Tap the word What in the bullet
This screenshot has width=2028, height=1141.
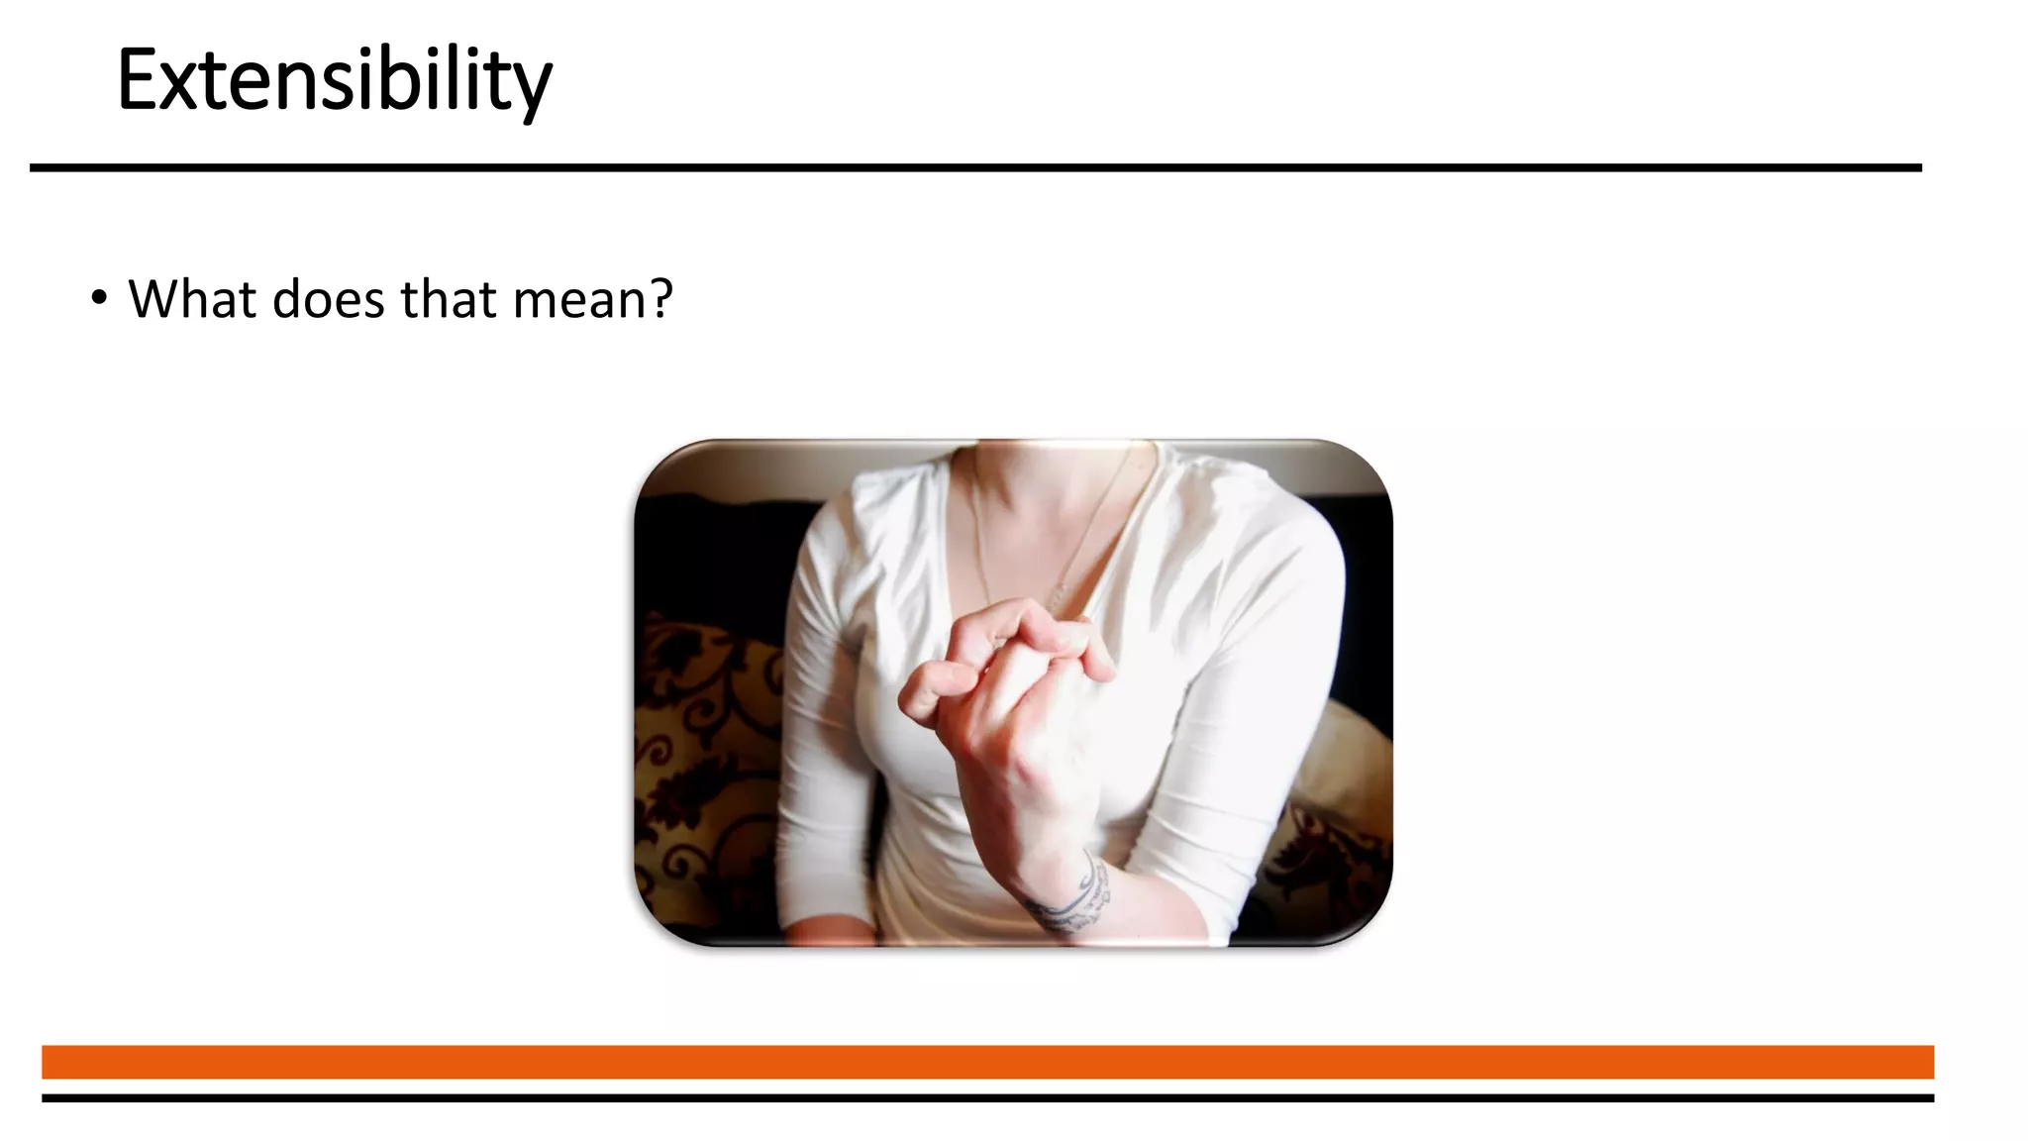[192, 299]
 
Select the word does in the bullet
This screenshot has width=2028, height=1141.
[328, 299]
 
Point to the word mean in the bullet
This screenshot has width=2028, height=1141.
[578, 301]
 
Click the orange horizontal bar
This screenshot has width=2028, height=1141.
[987, 1062]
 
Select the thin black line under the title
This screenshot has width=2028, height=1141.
[975, 168]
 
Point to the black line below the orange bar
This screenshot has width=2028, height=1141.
[987, 1098]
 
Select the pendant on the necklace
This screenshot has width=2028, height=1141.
[1058, 596]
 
